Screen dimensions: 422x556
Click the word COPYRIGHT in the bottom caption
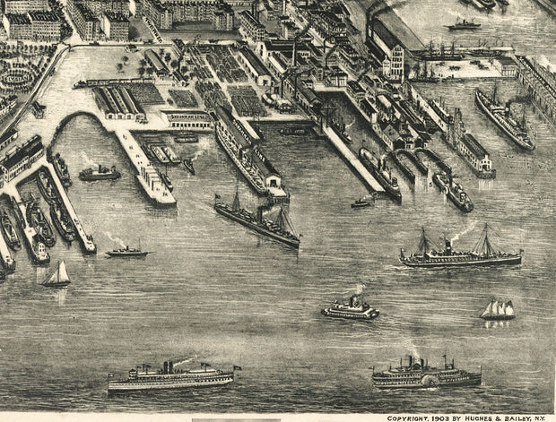coord(407,417)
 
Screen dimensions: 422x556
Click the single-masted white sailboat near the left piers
coord(57,275)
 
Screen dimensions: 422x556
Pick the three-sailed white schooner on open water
coord(498,309)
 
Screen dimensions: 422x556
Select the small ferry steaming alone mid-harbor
coord(351,309)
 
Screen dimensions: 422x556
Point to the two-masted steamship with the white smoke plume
coord(460,255)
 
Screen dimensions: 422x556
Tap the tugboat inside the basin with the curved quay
coord(99,173)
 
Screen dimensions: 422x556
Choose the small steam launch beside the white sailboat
coord(126,252)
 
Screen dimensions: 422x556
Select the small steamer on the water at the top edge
coord(464,25)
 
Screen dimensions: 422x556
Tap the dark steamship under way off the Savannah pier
coord(256,222)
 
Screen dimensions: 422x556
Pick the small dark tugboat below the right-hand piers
coord(362,202)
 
